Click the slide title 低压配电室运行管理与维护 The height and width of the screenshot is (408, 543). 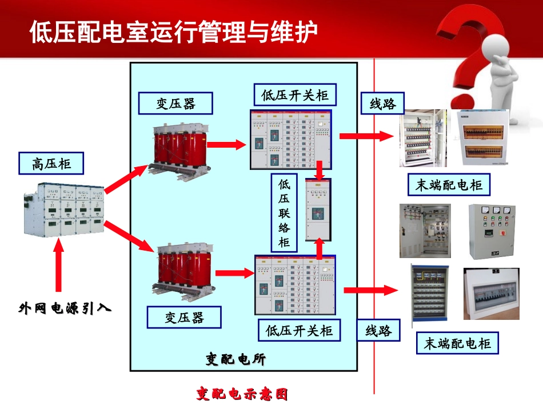point(173,33)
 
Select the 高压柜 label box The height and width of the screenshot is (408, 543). point(51,164)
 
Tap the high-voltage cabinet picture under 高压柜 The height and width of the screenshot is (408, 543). point(63,209)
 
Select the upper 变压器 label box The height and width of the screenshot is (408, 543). point(175,104)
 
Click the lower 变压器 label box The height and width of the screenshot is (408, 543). point(184,317)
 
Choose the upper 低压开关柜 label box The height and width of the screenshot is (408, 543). point(295,95)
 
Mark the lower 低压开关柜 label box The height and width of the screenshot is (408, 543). point(299,330)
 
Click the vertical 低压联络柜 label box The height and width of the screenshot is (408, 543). point(284,213)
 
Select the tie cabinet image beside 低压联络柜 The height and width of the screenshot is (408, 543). point(318,210)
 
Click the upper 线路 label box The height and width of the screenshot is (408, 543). point(382,104)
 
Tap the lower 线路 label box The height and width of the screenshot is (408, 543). point(378,330)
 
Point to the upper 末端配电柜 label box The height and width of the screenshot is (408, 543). point(449,185)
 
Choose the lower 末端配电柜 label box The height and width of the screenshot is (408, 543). point(457,343)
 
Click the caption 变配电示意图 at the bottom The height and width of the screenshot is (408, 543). point(242,394)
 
